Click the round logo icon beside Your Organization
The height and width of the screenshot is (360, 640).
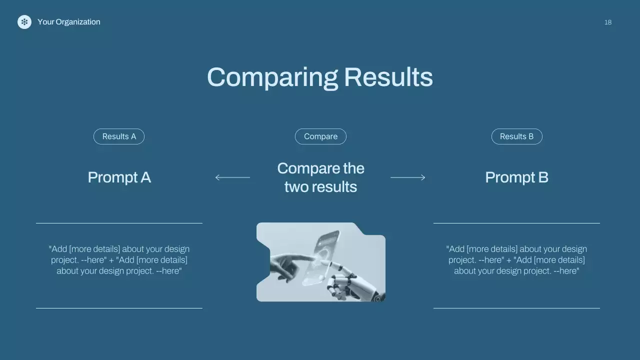pos(24,22)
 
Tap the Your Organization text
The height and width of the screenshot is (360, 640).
pos(69,22)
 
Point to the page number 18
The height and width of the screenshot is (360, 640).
pos(608,22)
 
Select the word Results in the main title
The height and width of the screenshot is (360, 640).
pos(388,77)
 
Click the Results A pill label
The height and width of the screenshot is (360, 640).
pos(119,136)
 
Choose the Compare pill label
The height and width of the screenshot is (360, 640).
pos(320,136)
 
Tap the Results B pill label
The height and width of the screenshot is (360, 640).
pos(517,136)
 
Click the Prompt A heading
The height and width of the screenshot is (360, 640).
pos(119,177)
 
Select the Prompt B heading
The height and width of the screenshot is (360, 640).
pos(517,177)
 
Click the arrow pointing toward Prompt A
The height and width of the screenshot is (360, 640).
pos(232,177)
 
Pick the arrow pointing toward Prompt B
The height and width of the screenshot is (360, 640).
pos(408,177)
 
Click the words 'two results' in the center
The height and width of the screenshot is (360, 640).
pos(320,187)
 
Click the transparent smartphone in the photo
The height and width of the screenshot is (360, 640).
pos(321,257)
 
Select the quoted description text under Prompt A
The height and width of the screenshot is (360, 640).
pos(119,259)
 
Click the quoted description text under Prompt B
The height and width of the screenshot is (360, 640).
pos(516,259)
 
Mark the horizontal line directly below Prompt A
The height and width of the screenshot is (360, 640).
pos(119,223)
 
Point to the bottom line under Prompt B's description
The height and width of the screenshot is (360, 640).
pos(516,308)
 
